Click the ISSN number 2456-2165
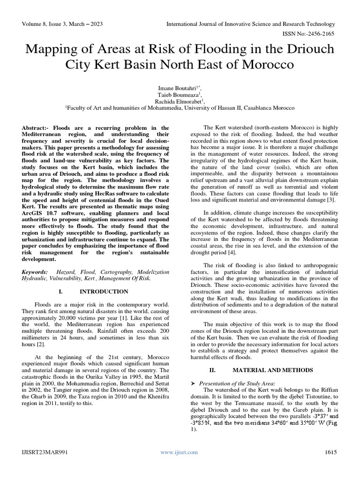coord(322,33)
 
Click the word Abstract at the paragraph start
coord(36,127)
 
